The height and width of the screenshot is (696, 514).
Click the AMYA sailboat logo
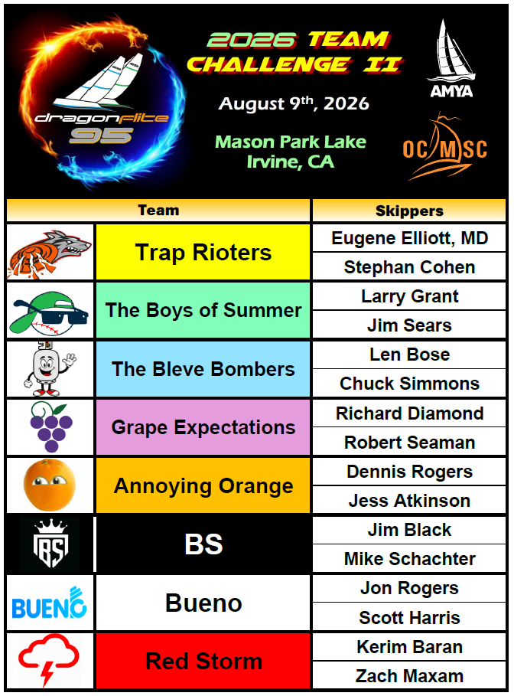pos(451,58)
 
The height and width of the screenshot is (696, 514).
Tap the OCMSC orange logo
pos(445,146)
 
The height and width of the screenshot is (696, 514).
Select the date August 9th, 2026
pos(294,103)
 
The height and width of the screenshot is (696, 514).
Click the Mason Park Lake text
pos(291,142)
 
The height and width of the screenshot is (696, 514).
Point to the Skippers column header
pos(409,211)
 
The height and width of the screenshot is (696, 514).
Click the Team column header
pos(158,210)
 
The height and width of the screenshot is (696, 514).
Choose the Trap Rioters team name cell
pos(203,252)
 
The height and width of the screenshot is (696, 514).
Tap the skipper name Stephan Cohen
pos(409,267)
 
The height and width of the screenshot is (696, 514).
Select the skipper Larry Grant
pos(409,296)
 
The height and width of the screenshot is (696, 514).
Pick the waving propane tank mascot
pos(49,368)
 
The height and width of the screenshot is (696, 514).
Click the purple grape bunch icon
pos(50,426)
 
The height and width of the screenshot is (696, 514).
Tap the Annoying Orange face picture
pos(50,485)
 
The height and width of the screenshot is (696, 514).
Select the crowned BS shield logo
pos(50,544)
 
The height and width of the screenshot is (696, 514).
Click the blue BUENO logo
pos(49,603)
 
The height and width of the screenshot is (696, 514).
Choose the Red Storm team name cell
pos(203,661)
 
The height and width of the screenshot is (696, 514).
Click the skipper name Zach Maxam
pos(409,676)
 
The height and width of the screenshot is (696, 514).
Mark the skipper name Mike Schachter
pos(409,559)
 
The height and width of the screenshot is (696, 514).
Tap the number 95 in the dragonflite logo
pos(101,136)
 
